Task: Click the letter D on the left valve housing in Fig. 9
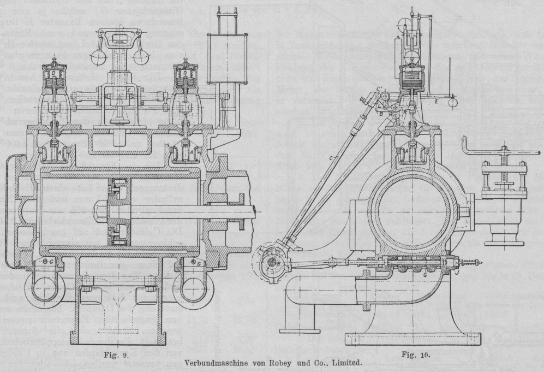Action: click(x=54, y=73)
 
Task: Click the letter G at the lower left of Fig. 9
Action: click(x=51, y=262)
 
